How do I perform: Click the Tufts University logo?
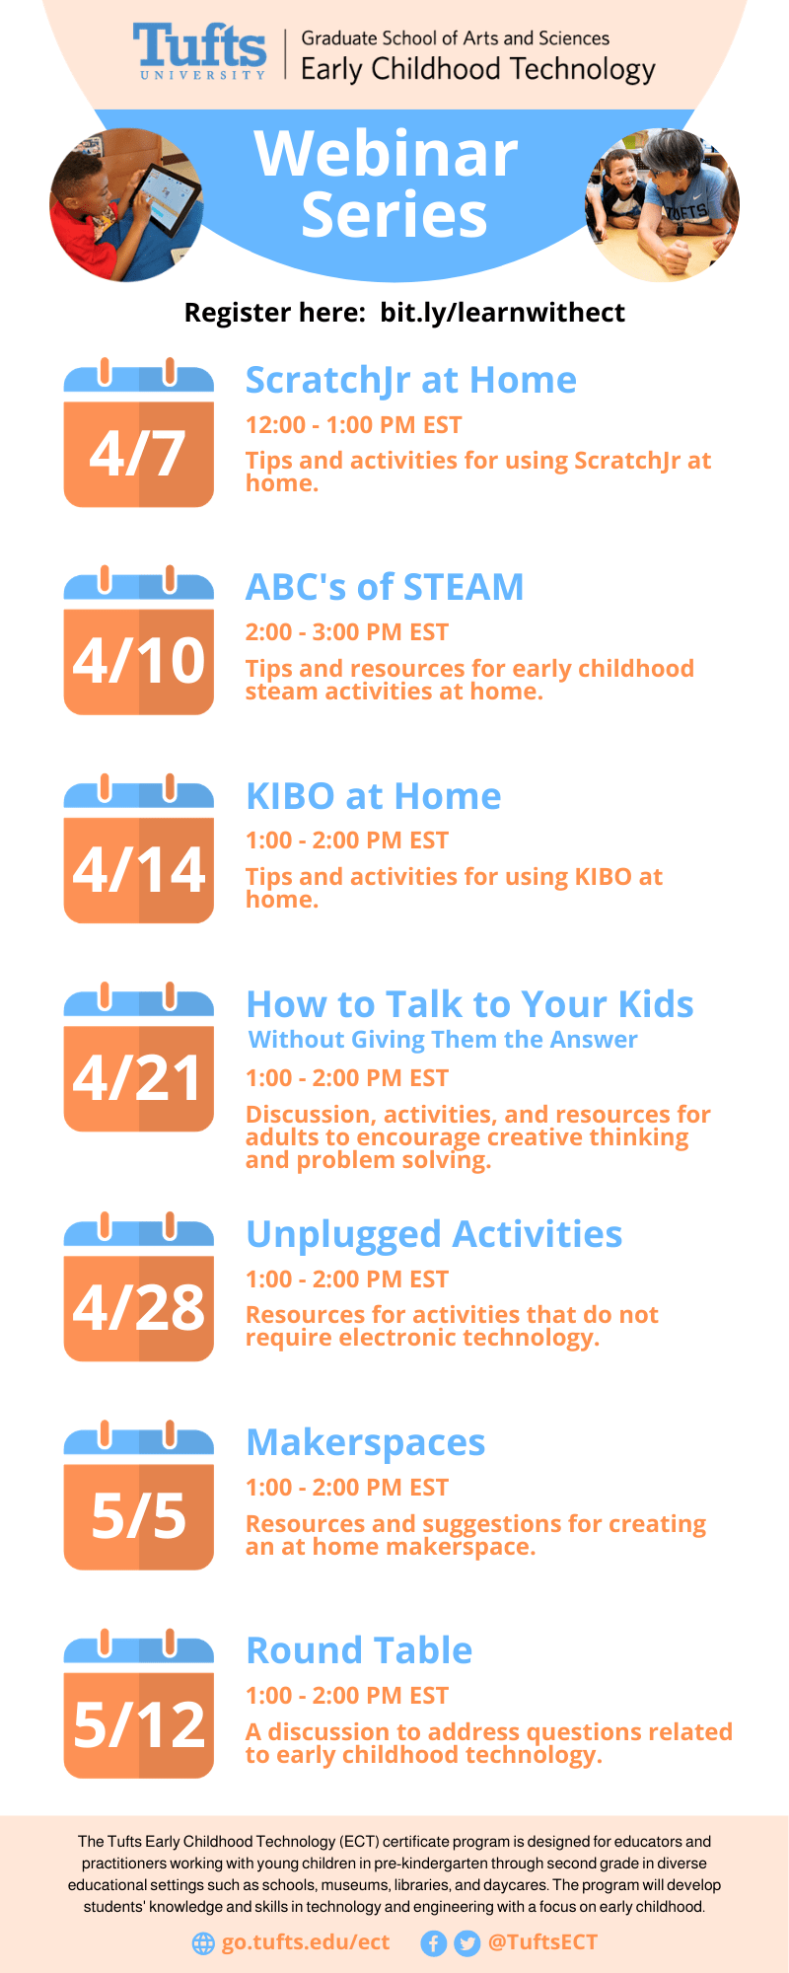click(x=200, y=52)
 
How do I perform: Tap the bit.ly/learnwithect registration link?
click(x=502, y=313)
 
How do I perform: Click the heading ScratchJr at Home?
click(x=411, y=381)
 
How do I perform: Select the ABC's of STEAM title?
click(x=385, y=587)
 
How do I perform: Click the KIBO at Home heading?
click(x=374, y=796)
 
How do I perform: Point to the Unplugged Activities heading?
click(x=434, y=1235)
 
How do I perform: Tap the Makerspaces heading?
click(x=366, y=1443)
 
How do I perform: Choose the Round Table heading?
click(x=359, y=1650)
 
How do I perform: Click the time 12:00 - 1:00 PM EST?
click(x=354, y=425)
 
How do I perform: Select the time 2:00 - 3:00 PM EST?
click(x=347, y=632)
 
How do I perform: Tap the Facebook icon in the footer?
click(x=434, y=1943)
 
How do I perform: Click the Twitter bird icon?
click(x=467, y=1943)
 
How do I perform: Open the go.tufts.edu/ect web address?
click(x=306, y=1942)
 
